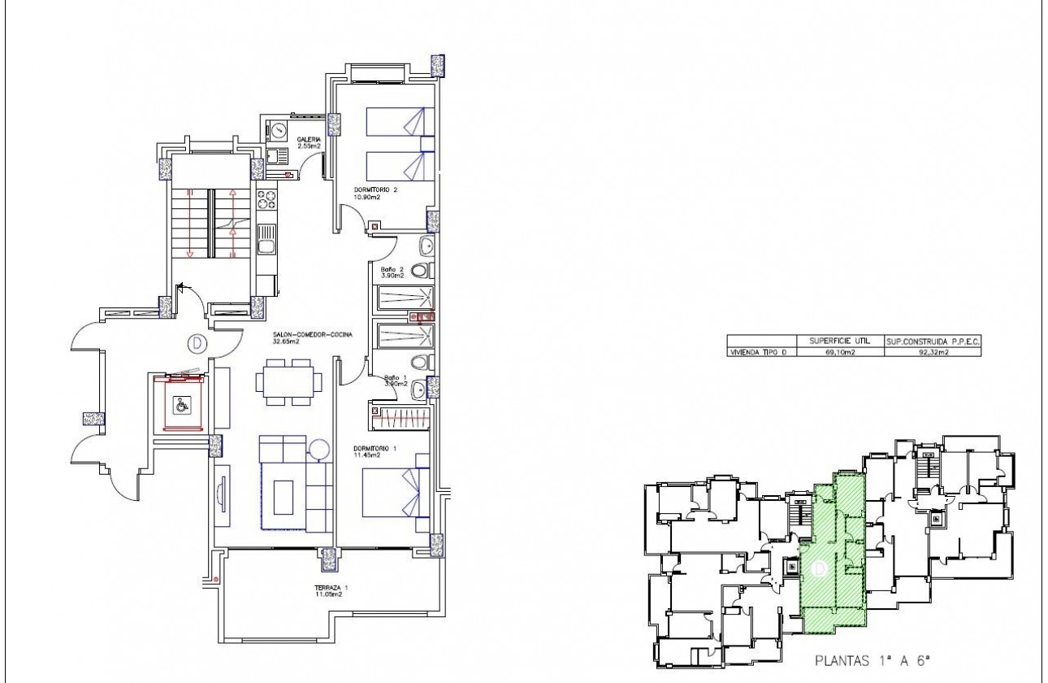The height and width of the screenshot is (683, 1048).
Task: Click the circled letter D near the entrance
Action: [196, 343]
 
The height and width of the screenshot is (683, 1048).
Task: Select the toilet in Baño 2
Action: [420, 271]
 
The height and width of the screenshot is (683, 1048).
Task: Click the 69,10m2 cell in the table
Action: [839, 352]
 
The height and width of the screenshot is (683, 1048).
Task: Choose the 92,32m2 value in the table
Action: [931, 352]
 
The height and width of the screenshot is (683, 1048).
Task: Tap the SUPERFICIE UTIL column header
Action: [839, 341]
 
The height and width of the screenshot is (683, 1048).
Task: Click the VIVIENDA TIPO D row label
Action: [762, 352]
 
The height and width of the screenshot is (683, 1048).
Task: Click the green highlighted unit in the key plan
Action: [833, 561]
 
